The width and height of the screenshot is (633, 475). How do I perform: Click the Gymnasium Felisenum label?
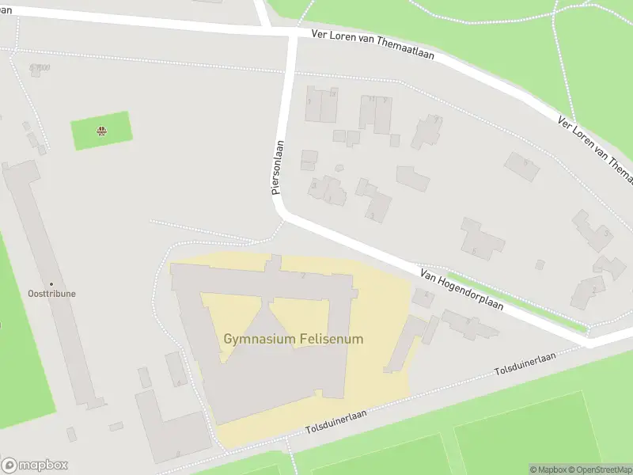pos(294,339)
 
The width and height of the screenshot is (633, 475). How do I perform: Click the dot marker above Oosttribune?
pos(51,283)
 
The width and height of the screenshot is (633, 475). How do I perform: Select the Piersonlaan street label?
pos(277,168)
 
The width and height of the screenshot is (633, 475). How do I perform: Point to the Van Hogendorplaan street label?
pos(462,289)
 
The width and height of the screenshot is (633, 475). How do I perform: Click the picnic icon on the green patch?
pos(101,131)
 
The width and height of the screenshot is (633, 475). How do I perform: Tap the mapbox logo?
pos(35,465)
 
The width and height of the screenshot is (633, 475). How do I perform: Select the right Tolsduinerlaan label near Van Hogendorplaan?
pos(525,363)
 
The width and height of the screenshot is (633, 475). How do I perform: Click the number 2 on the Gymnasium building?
pos(303,275)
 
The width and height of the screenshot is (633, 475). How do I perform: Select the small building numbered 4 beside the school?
pos(424,298)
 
